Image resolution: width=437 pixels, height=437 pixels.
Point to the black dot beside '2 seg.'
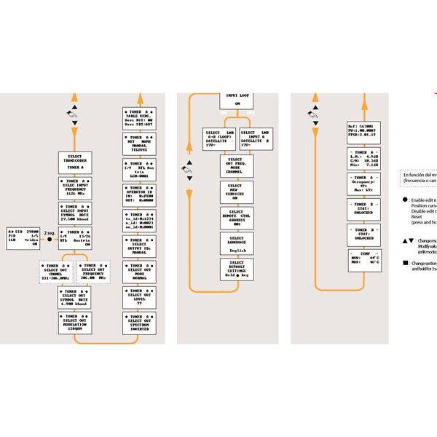(50, 239)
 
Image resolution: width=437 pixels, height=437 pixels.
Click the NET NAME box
(138, 143)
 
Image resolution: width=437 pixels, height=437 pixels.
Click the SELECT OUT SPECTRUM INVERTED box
(138, 324)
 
